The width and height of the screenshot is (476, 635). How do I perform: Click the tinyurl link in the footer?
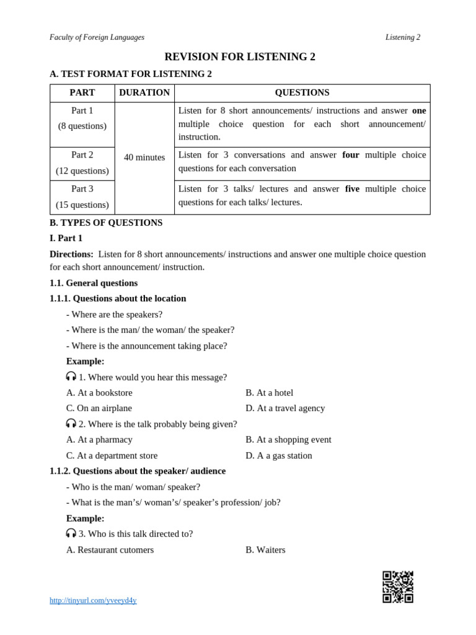(93, 600)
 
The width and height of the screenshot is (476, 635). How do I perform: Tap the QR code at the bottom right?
(397, 587)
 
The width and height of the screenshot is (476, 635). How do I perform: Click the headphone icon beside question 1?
(71, 376)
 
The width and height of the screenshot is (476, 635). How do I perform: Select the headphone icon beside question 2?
(71, 424)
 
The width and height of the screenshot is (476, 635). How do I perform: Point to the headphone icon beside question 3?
(71, 533)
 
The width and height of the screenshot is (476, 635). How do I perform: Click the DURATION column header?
(144, 93)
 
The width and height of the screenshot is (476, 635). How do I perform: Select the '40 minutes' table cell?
(144, 158)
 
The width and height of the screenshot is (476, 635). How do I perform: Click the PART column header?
(82, 93)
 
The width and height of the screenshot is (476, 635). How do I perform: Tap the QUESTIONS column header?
(302, 93)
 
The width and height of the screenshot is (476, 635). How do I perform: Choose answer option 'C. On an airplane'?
(99, 408)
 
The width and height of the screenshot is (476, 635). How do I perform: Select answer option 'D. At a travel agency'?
(285, 408)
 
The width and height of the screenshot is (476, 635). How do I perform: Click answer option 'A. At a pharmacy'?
(99, 440)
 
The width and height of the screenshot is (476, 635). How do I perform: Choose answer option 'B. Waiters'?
(265, 549)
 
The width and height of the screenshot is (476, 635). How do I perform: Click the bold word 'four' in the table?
(351, 155)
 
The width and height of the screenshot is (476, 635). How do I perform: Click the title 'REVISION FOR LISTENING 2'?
(240, 57)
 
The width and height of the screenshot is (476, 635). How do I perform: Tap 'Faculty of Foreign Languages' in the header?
(97, 37)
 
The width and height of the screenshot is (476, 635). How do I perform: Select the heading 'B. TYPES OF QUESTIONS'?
(106, 223)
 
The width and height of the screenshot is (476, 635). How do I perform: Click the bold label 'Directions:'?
(71, 254)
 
